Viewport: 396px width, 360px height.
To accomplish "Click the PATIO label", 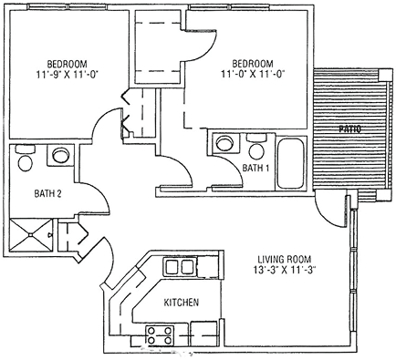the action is click(350, 129).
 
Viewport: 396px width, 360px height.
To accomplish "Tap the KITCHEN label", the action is click(182, 303).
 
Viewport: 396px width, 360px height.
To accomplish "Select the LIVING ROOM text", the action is click(285, 260).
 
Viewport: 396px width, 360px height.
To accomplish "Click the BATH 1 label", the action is click(255, 168).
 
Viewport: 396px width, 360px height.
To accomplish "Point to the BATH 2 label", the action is click(48, 193).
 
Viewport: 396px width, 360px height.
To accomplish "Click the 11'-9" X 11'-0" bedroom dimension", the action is click(67, 75).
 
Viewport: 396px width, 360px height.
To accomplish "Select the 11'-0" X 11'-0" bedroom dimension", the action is click(253, 74).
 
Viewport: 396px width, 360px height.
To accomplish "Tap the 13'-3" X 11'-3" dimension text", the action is click(285, 270).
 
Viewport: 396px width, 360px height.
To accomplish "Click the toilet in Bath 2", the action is click(26, 158).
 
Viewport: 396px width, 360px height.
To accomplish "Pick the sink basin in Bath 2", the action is click(60, 156).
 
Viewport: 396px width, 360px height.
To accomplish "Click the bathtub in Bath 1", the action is click(291, 163).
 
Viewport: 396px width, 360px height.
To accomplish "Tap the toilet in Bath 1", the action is click(256, 146).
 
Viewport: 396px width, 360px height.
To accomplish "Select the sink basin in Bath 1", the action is click(225, 142).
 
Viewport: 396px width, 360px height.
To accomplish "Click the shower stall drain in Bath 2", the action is click(30, 234).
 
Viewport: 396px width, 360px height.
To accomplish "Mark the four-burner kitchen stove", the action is click(160, 335).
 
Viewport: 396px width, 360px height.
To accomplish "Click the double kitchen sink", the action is click(181, 266).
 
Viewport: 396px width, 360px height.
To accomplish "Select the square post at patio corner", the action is click(385, 74).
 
